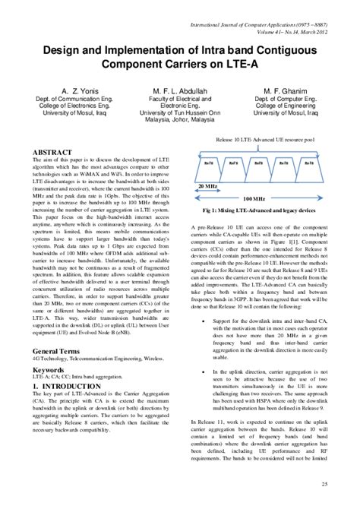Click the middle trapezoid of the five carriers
[259, 163]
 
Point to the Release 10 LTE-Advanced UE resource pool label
[264, 141]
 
